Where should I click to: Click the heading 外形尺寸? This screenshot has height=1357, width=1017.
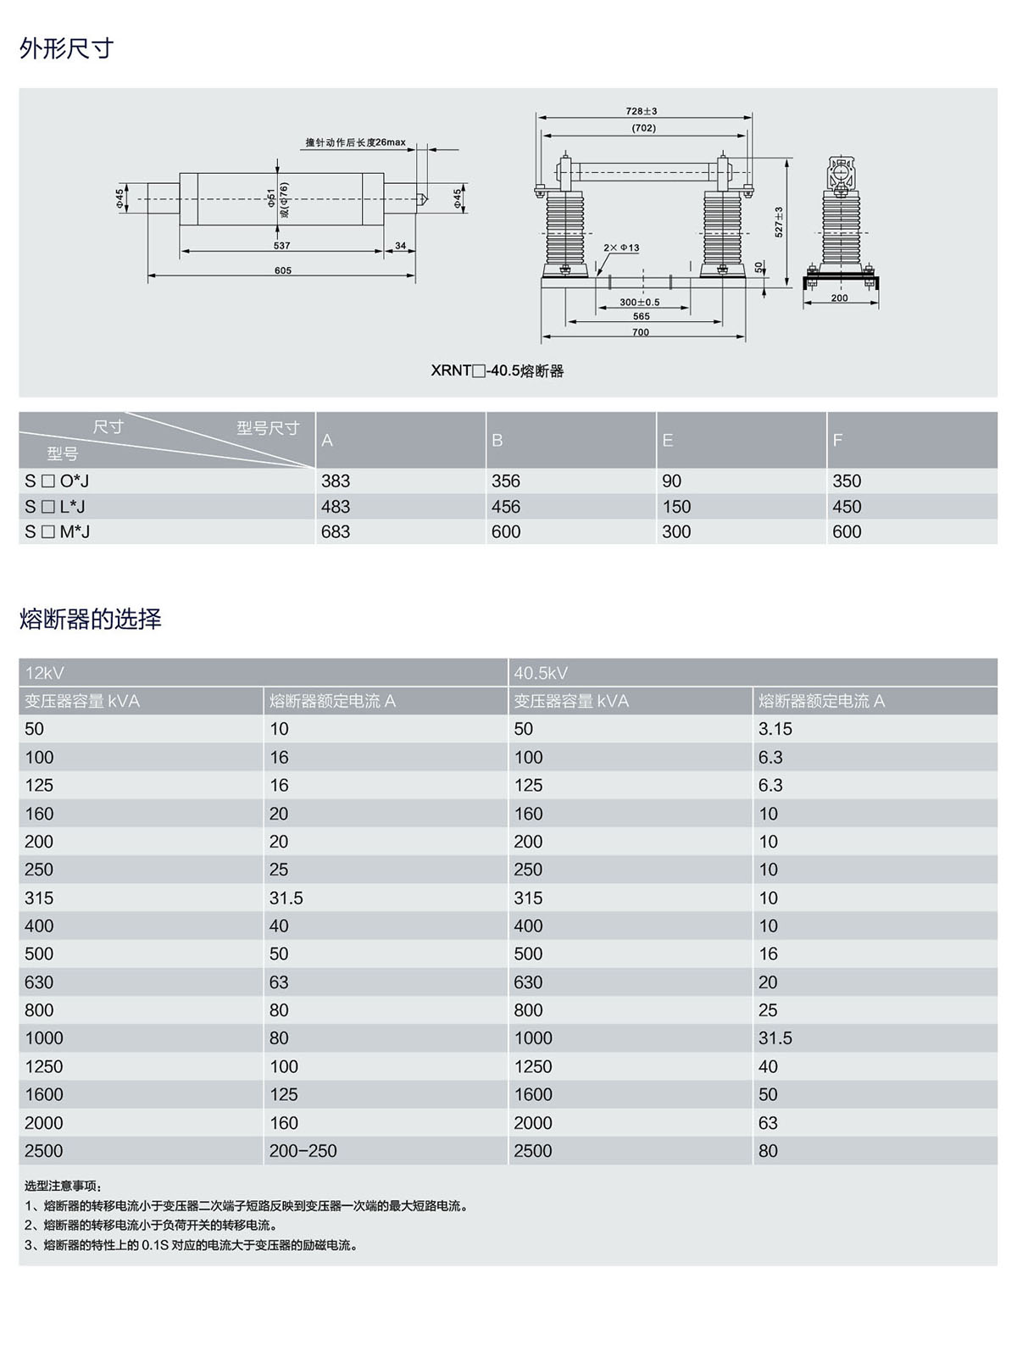66,49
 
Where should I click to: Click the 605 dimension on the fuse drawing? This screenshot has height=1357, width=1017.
282,270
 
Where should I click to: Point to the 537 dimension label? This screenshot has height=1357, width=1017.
281,246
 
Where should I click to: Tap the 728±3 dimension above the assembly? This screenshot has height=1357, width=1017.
642,111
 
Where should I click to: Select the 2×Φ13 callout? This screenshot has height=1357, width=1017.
621,247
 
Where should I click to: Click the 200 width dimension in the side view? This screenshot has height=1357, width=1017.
839,298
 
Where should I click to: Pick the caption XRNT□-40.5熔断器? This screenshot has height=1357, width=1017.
497,370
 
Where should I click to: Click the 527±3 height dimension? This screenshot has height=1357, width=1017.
779,222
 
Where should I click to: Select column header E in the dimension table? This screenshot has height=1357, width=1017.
668,440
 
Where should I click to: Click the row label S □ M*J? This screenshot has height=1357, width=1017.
57,531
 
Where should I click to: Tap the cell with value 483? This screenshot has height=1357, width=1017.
336,506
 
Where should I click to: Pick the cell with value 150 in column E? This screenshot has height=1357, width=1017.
676,506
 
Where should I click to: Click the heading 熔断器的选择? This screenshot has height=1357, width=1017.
90,619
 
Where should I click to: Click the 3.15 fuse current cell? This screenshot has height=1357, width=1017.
775,729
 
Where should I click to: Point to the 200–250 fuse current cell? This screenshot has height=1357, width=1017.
303,1150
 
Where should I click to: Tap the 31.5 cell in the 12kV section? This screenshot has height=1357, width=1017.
286,898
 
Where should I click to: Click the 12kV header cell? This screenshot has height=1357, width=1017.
45,673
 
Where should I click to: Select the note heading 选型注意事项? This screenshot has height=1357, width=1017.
64,1186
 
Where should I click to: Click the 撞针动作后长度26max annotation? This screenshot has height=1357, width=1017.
356,142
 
